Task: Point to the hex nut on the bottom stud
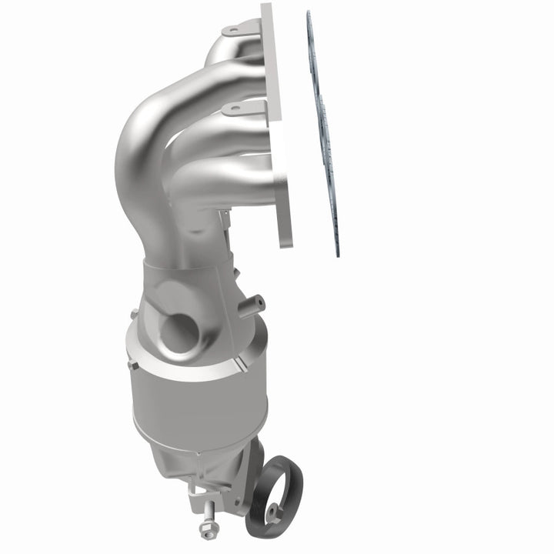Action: click(x=206, y=527)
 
